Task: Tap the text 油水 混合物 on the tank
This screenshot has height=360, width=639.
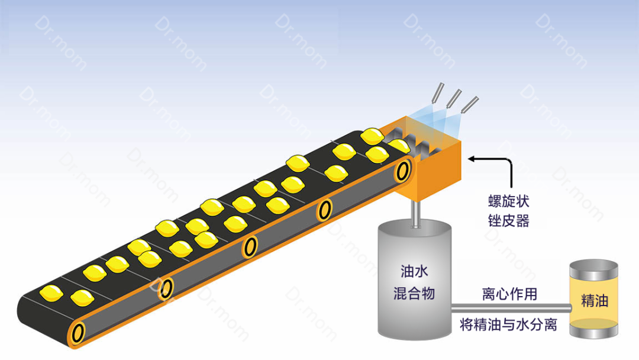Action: coord(414,282)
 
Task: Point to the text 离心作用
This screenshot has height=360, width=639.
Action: coord(509,294)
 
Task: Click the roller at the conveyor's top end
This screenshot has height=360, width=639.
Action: coord(404,171)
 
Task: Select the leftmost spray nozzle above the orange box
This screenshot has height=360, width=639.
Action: coord(437,93)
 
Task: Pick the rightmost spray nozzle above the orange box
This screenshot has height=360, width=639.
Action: coord(470,105)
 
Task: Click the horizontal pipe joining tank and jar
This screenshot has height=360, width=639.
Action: coord(509,308)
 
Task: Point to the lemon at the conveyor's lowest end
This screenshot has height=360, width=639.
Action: coord(51,292)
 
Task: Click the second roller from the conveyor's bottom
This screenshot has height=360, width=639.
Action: coord(167,288)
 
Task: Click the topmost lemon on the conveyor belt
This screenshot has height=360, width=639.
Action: coord(373,136)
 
